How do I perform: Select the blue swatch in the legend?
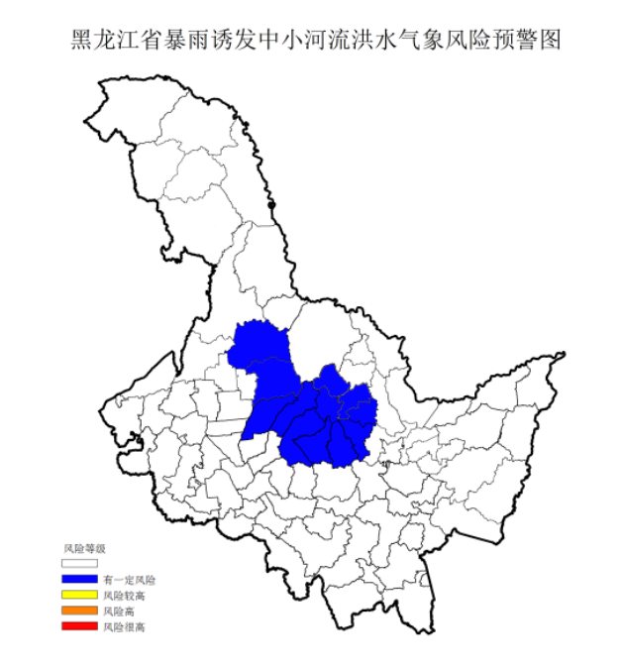(79, 579)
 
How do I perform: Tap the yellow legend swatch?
(79, 595)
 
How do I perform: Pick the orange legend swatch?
(79, 611)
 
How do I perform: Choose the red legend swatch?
(79, 626)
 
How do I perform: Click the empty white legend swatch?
(79, 563)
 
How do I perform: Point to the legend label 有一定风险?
(129, 579)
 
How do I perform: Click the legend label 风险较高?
(124, 595)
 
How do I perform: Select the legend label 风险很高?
(124, 626)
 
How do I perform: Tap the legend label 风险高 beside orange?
(119, 611)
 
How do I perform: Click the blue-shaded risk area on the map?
(307, 406)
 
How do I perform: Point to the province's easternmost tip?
(565, 354)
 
